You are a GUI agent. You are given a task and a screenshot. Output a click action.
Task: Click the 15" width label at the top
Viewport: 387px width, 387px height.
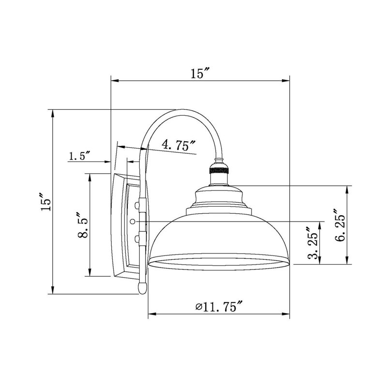pyautogui.click(x=200, y=74)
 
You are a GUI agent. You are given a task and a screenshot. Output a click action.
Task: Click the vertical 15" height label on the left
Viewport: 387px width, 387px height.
pyautogui.click(x=46, y=202)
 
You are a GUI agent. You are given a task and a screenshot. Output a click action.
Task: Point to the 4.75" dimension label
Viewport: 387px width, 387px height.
pyautogui.click(x=179, y=145)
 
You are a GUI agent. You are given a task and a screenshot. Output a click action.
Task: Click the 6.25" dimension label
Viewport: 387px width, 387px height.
pyautogui.click(x=339, y=225)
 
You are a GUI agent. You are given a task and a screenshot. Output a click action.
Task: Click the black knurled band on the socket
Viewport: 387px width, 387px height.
pyautogui.click(x=219, y=170)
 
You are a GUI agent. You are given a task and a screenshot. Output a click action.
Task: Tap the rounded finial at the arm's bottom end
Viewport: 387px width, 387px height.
pyautogui.click(x=142, y=288)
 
